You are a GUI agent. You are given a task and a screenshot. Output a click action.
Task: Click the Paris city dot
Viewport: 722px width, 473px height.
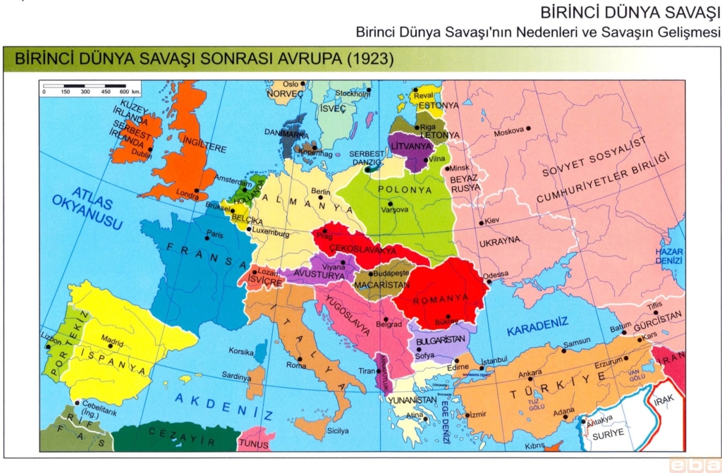tap(209, 238)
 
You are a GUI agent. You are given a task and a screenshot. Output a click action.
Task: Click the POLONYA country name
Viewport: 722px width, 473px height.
tap(404, 190)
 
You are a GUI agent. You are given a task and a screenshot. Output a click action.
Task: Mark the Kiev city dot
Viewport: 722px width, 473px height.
tap(482, 223)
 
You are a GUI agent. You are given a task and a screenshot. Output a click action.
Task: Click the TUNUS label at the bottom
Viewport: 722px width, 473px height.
tap(253, 443)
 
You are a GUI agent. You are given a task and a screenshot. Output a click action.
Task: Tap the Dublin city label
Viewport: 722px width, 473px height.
tap(141, 154)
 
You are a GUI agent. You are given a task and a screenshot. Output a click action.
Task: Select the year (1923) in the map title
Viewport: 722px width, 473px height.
tap(367, 59)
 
